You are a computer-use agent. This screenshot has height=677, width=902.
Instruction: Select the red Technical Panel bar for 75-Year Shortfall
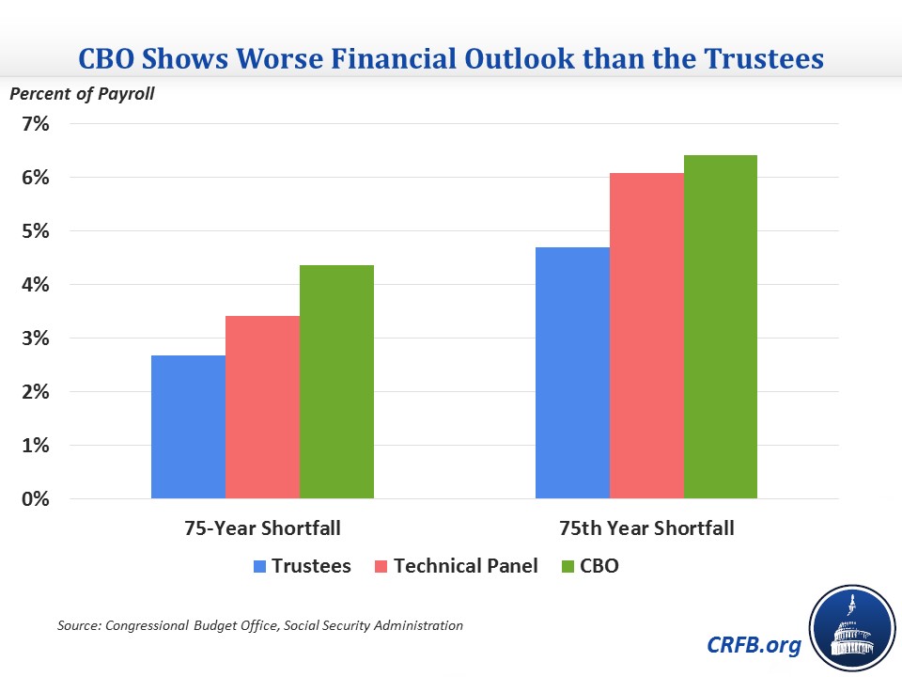262,406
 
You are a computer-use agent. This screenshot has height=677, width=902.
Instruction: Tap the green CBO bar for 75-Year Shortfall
336,381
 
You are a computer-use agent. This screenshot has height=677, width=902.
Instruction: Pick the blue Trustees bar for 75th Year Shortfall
572,372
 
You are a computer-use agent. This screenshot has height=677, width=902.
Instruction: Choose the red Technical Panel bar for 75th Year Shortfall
646,335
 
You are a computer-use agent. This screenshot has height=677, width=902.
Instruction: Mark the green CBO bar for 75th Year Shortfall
721,326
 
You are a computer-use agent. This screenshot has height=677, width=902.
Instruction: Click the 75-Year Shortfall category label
262,528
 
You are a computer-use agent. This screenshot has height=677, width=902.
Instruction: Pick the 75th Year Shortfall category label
646,528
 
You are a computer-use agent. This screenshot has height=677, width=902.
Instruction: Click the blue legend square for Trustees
259,566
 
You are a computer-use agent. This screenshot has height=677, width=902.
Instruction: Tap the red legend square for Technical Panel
381,566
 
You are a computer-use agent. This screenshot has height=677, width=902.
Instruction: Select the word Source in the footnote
77,624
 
